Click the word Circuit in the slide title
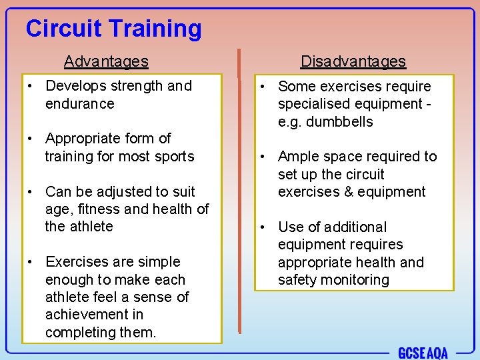pos(63,29)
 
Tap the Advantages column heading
pos(106,61)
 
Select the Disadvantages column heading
pos(353,61)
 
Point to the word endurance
pos(80,104)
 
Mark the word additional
pos(353,227)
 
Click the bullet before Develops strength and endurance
pos(31,87)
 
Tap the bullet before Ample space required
pos(264,157)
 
